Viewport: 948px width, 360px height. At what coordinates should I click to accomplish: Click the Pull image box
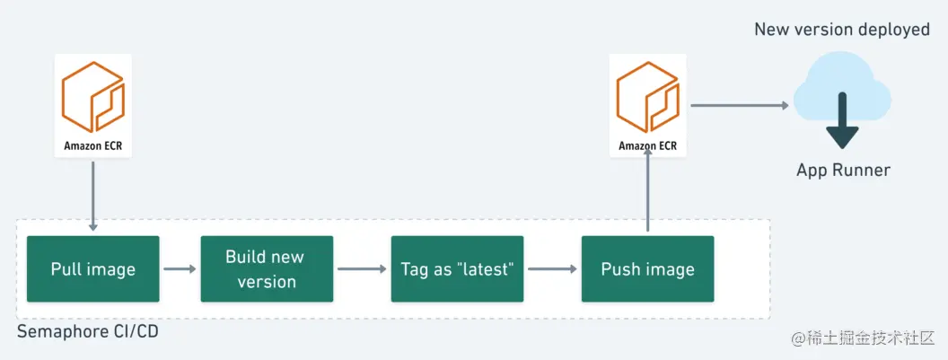tap(92, 268)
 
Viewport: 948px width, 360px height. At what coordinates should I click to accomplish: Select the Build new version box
tap(266, 268)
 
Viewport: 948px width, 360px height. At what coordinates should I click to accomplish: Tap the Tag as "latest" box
tap(457, 268)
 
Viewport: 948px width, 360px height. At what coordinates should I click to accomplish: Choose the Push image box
tap(647, 268)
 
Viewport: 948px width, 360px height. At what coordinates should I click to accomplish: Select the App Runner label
tap(843, 170)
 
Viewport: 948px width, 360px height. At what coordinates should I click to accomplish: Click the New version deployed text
tap(841, 30)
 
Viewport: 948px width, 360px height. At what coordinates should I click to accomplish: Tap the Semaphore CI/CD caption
tap(87, 332)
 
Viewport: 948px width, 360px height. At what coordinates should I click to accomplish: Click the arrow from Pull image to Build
tap(180, 268)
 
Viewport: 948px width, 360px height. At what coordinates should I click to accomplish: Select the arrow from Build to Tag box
tap(362, 268)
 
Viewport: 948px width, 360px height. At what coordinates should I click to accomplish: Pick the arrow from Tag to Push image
tap(552, 268)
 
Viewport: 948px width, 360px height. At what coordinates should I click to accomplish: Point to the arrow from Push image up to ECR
tap(647, 193)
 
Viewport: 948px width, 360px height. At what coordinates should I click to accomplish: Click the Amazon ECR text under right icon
tap(647, 145)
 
